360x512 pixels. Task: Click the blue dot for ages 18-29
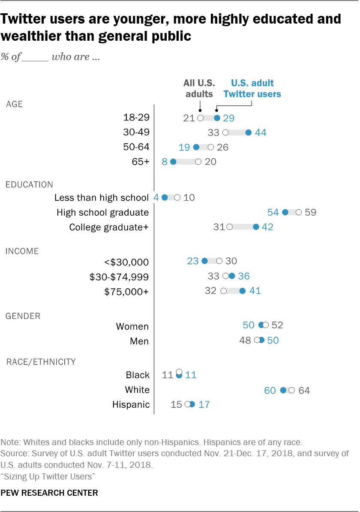[x=217, y=118]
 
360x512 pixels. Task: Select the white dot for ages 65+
[x=198, y=162]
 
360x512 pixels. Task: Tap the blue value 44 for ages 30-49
[x=261, y=133]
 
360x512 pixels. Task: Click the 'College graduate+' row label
[x=109, y=227]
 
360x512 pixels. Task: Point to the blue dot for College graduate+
[x=256, y=227]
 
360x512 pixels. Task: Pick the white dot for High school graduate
[x=299, y=212]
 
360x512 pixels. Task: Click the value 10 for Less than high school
[x=189, y=198]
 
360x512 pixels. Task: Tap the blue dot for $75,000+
[x=242, y=291]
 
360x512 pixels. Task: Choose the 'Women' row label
[x=132, y=327]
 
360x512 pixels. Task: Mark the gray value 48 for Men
[x=245, y=340]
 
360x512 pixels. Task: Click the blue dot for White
[x=283, y=390]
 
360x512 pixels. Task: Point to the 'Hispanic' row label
[x=131, y=405]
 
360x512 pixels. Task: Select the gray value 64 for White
[x=304, y=391]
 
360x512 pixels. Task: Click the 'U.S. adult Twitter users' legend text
[x=252, y=88]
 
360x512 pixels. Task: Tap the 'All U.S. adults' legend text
[x=199, y=88]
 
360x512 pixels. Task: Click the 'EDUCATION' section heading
[x=29, y=185]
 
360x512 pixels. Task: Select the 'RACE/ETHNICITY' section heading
[x=41, y=362]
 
